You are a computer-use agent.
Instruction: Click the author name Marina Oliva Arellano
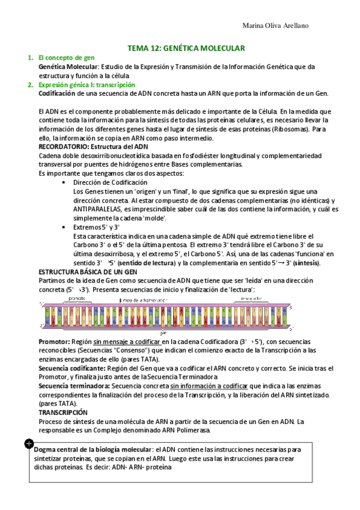276,26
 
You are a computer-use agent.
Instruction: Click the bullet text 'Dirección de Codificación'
109,182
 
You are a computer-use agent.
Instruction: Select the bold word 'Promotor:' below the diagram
53,341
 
